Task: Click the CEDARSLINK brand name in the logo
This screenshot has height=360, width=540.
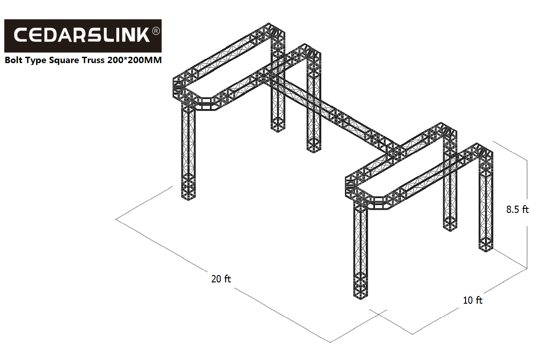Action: click(82, 35)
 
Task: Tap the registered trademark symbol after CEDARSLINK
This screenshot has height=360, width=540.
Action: click(156, 31)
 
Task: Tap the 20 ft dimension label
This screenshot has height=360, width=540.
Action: click(221, 279)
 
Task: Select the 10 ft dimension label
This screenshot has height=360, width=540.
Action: click(472, 301)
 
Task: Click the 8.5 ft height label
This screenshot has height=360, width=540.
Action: click(517, 209)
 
